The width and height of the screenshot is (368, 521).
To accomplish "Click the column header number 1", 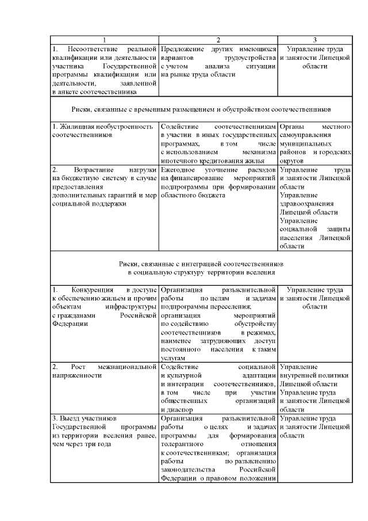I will [x=104, y=40].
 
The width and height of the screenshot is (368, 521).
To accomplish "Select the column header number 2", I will [x=218, y=40].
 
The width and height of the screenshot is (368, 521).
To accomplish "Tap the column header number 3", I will [x=315, y=40].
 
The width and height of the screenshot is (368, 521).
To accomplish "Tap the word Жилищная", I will [x=75, y=126].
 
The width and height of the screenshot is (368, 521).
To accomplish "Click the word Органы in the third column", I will [x=292, y=126].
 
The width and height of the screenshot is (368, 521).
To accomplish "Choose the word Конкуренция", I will [x=93, y=289].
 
